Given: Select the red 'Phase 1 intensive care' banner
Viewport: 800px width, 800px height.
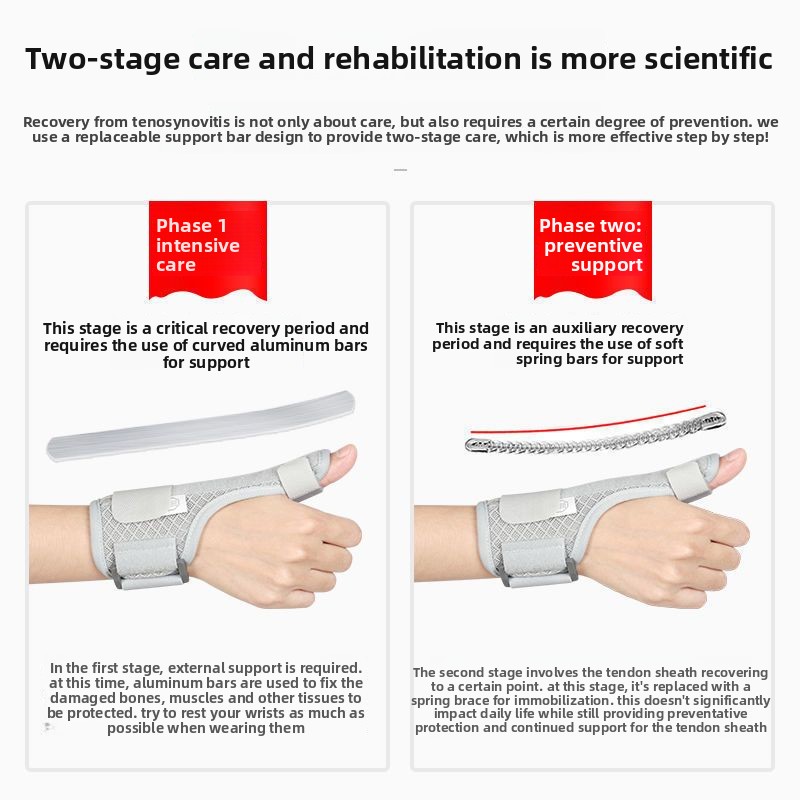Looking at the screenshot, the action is click(x=208, y=250).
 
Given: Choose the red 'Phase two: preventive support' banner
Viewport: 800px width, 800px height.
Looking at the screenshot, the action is click(x=592, y=250).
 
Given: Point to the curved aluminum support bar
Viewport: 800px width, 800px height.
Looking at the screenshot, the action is click(x=201, y=426).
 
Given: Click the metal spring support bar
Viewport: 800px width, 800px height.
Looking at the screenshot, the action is click(x=595, y=433).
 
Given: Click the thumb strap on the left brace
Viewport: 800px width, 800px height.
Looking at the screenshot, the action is click(x=301, y=477).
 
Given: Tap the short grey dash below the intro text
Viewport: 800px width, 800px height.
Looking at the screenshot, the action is click(x=401, y=170).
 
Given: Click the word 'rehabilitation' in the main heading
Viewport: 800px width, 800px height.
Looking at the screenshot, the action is click(x=422, y=58).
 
